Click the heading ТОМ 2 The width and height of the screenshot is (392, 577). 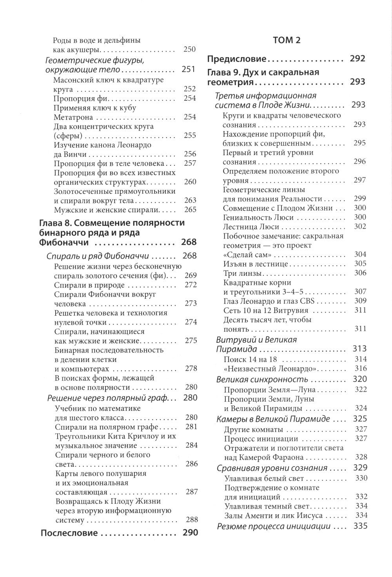tap(288, 41)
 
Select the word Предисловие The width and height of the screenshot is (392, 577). tap(236, 59)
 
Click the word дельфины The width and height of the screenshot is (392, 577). tap(122, 41)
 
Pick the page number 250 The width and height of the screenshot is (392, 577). tap(190, 50)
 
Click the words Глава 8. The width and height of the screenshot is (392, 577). tap(55, 223)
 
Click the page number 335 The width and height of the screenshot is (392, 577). tap(360, 526)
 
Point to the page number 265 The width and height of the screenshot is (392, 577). tap(190, 210)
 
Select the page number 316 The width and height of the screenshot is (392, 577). tap(360, 369)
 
